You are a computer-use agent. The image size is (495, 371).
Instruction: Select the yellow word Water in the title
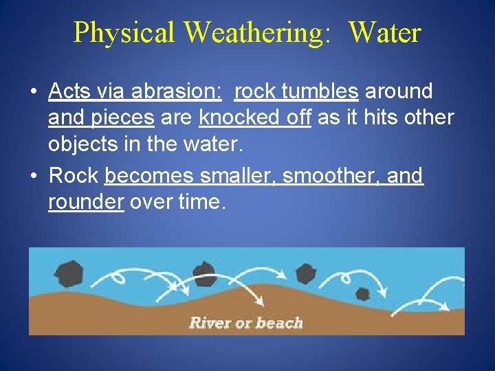(384, 32)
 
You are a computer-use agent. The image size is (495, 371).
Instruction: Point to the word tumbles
(321, 91)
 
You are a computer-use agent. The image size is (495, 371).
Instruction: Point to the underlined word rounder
(85, 203)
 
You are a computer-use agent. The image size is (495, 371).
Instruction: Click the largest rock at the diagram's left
(69, 273)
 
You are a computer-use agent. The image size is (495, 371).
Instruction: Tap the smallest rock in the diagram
(362, 294)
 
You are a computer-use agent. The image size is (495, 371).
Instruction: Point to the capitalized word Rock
(74, 176)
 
